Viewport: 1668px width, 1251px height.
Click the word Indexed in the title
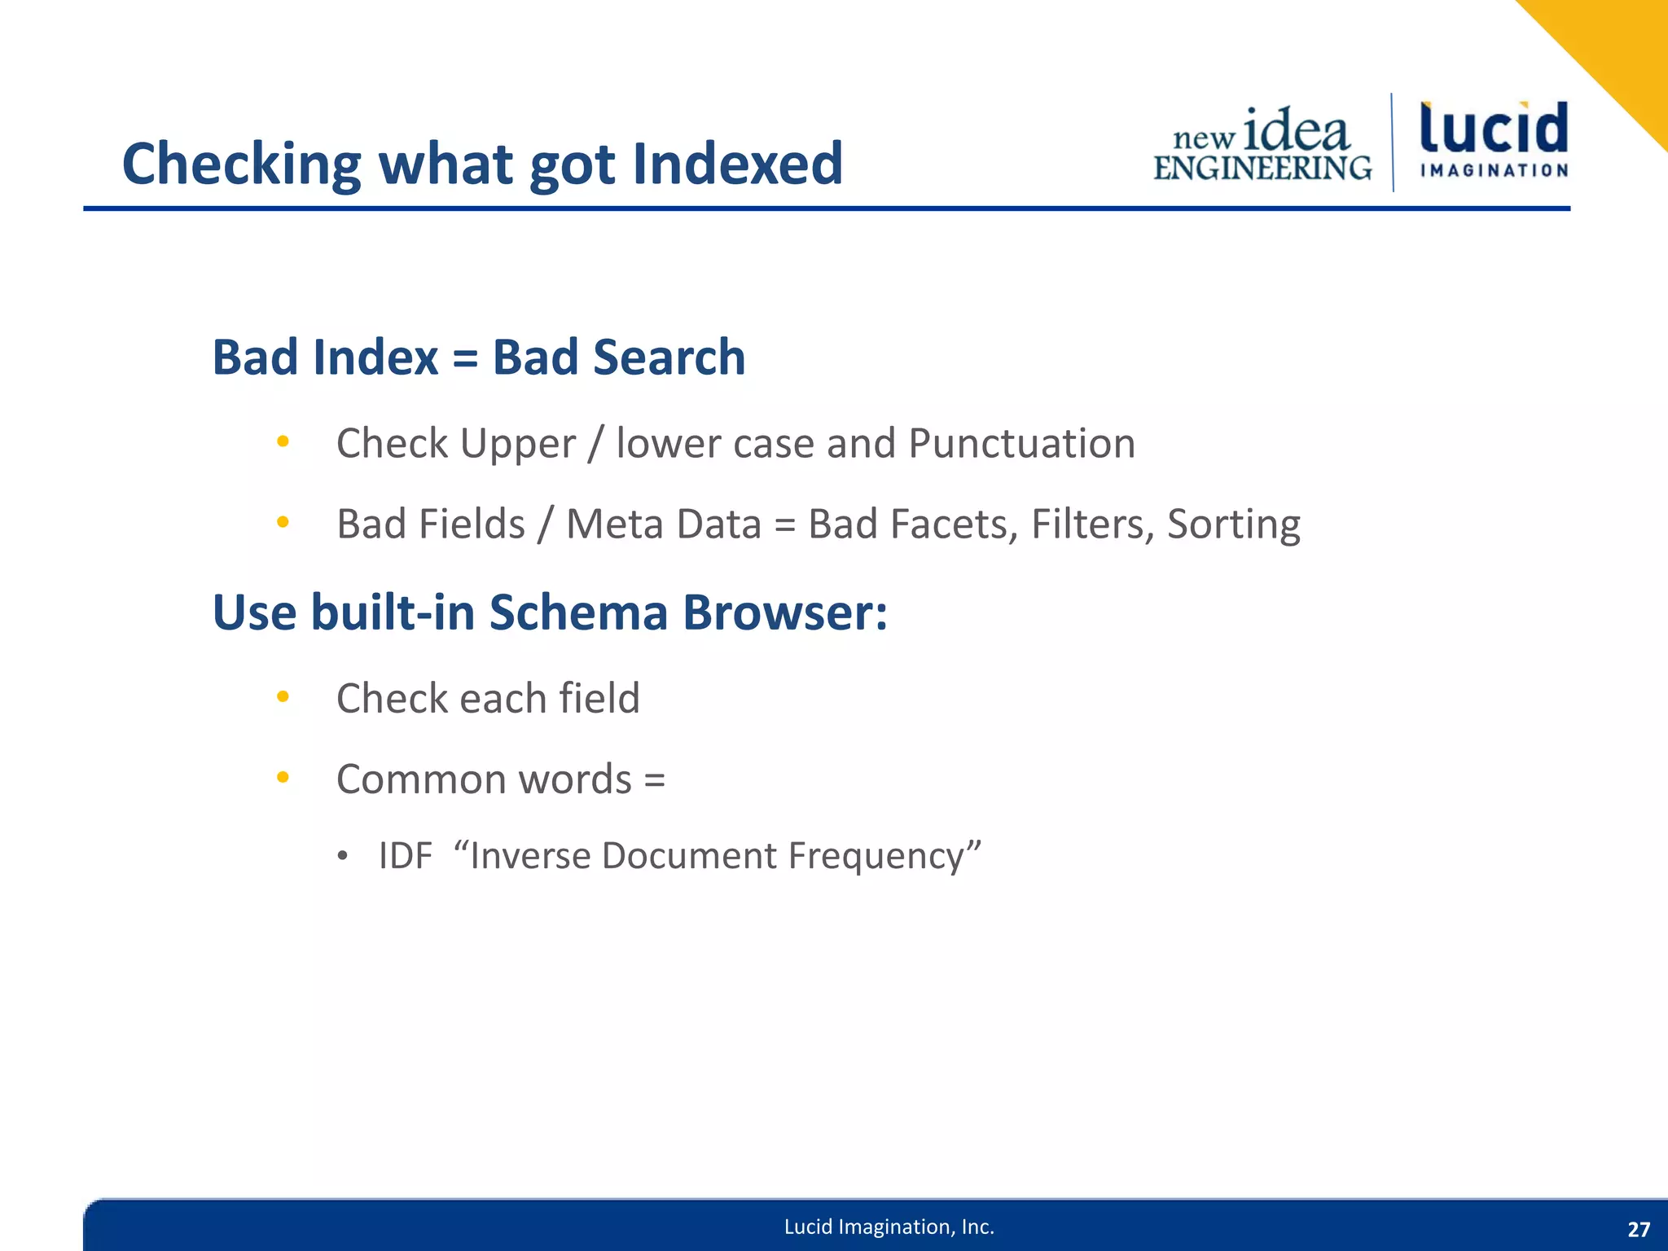736,164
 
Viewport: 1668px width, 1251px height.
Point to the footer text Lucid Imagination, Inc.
889,1227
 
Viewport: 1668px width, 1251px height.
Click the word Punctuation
1021,444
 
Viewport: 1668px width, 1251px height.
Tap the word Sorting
1233,525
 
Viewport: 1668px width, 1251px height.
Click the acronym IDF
405,856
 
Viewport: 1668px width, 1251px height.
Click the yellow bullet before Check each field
283,696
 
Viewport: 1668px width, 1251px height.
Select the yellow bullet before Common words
283,777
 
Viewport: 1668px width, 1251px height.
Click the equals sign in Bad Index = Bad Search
465,358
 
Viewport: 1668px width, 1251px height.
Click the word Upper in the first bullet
517,445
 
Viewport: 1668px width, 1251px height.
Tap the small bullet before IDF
343,856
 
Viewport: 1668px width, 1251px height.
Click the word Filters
1092,524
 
